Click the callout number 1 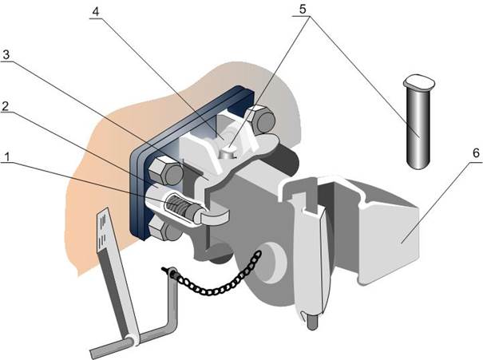pyautogui.click(x=6, y=157)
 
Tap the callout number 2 pyautogui.click(x=6, y=106)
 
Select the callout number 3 pyautogui.click(x=6, y=55)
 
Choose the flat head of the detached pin pyautogui.click(x=419, y=81)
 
